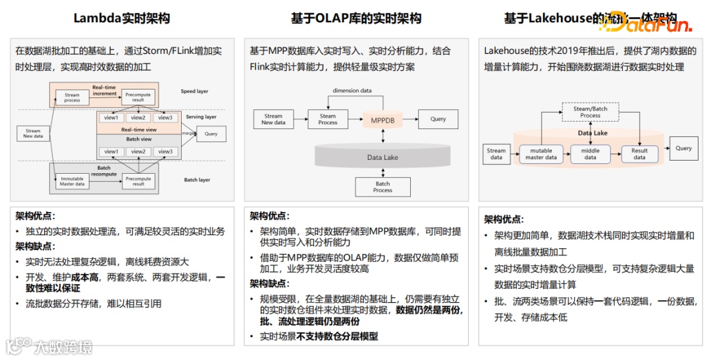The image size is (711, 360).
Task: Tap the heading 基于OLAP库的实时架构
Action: (356, 18)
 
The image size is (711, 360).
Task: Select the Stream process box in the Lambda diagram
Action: (72, 98)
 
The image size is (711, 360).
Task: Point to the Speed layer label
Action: (194, 91)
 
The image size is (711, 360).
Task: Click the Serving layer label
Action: (201, 117)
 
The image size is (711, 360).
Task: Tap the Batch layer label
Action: (197, 180)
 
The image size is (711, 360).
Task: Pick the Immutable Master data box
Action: (72, 181)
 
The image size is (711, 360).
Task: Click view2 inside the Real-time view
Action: (138, 118)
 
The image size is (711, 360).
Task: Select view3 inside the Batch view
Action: (165, 152)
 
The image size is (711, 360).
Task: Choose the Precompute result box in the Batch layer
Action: (138, 181)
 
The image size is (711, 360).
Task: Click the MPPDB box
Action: (382, 120)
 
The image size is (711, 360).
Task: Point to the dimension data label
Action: (352, 90)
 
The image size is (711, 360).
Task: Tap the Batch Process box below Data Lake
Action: (382, 187)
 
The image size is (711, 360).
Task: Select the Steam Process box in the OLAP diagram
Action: (328, 120)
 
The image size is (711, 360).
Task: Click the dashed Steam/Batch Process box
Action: (590, 113)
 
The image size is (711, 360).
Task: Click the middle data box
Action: (591, 154)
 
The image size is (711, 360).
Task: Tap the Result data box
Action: (639, 154)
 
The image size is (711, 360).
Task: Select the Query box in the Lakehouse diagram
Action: (683, 149)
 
